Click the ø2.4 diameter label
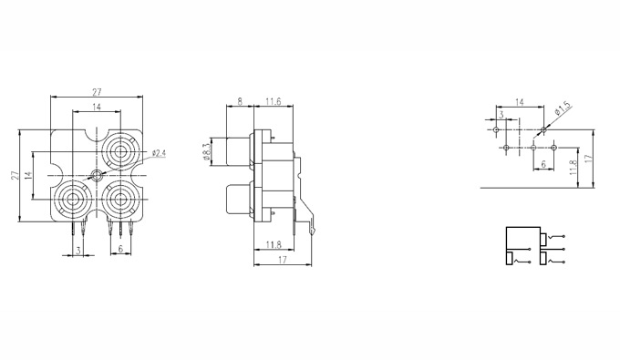pyautogui.click(x=159, y=153)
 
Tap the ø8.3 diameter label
pyautogui.click(x=206, y=151)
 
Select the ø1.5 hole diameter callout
pyautogui.click(x=563, y=108)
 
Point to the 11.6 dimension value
pyautogui.click(x=274, y=101)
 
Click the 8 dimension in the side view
pyautogui.click(x=240, y=101)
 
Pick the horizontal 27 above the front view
pyautogui.click(x=97, y=92)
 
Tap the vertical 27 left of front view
pyautogui.click(x=15, y=176)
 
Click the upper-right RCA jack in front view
pyautogui.click(x=120, y=151)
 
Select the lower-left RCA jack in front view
pyautogui.click(x=72, y=200)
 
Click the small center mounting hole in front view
pyautogui.click(x=96, y=175)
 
